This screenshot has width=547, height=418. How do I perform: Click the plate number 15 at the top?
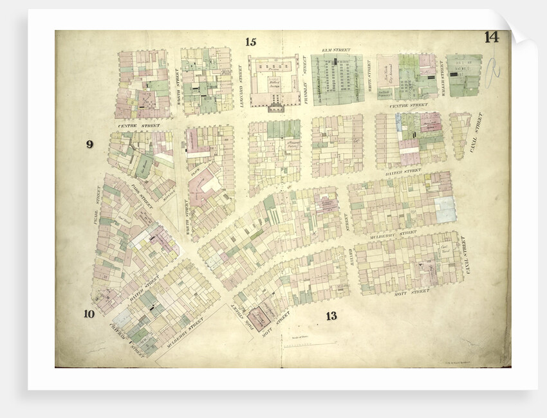[x=250, y=42]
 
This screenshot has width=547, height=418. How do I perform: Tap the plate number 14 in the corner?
[x=491, y=37]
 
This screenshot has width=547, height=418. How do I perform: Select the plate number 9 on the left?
[x=89, y=144]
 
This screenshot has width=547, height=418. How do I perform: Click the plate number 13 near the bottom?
[x=331, y=315]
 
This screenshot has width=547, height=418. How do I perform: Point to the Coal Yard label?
[x=443, y=248]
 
